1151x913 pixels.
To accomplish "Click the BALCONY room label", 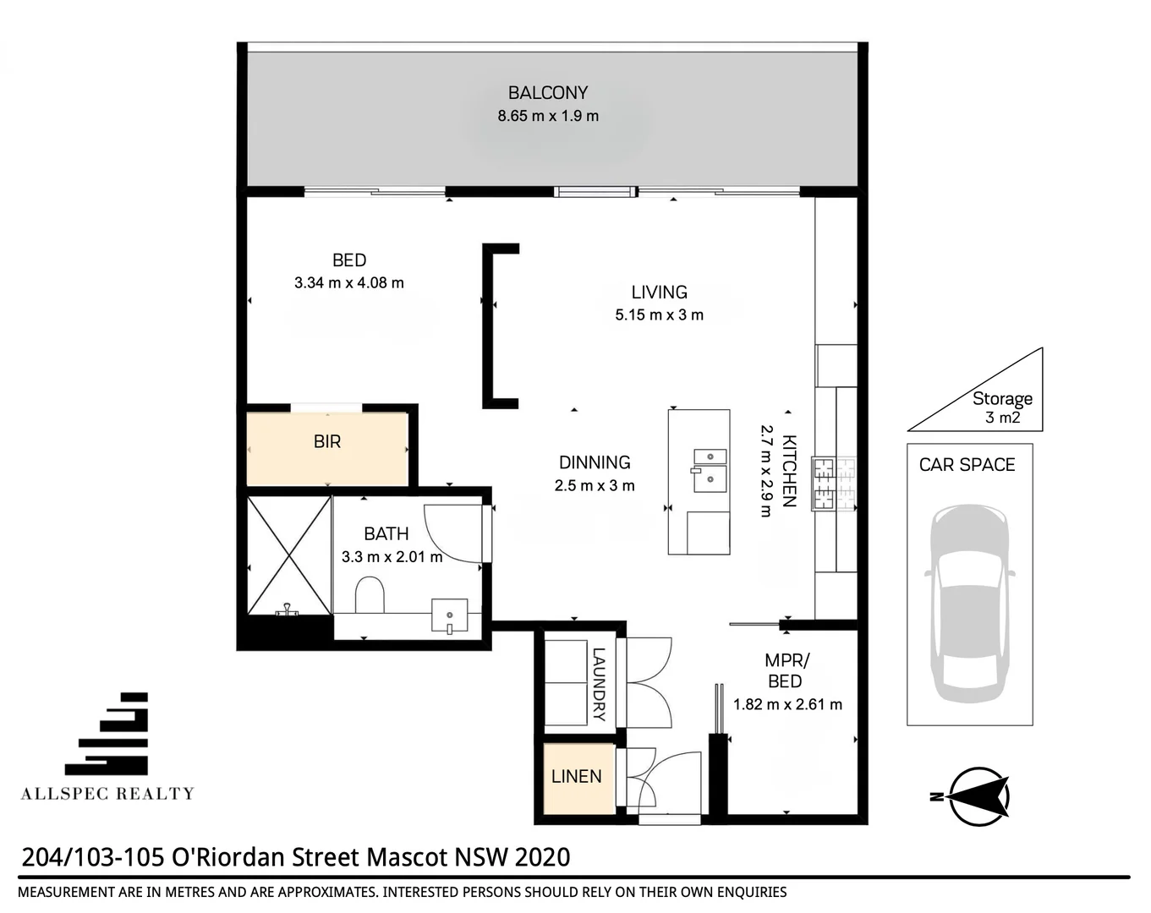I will click(x=547, y=93).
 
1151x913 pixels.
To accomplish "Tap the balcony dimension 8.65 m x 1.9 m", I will click(x=547, y=116).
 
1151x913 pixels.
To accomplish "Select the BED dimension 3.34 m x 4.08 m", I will click(x=348, y=283).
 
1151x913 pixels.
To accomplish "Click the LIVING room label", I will click(x=659, y=292).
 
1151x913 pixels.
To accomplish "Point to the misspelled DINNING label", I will click(x=595, y=462).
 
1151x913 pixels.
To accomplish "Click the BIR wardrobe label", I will click(x=327, y=441).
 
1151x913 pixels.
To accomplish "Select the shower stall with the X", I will click(x=289, y=555).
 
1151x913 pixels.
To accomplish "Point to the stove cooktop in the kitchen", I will click(x=834, y=484).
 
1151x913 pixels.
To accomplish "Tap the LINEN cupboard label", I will click(x=576, y=776).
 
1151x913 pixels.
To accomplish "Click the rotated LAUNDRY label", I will click(x=599, y=684).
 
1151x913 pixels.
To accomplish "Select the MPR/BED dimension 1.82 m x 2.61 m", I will click(x=787, y=704).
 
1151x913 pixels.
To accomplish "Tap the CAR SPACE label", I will click(x=967, y=465).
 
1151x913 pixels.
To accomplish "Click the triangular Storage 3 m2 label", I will click(x=1001, y=407).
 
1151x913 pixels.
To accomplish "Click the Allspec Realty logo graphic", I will click(x=108, y=735).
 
